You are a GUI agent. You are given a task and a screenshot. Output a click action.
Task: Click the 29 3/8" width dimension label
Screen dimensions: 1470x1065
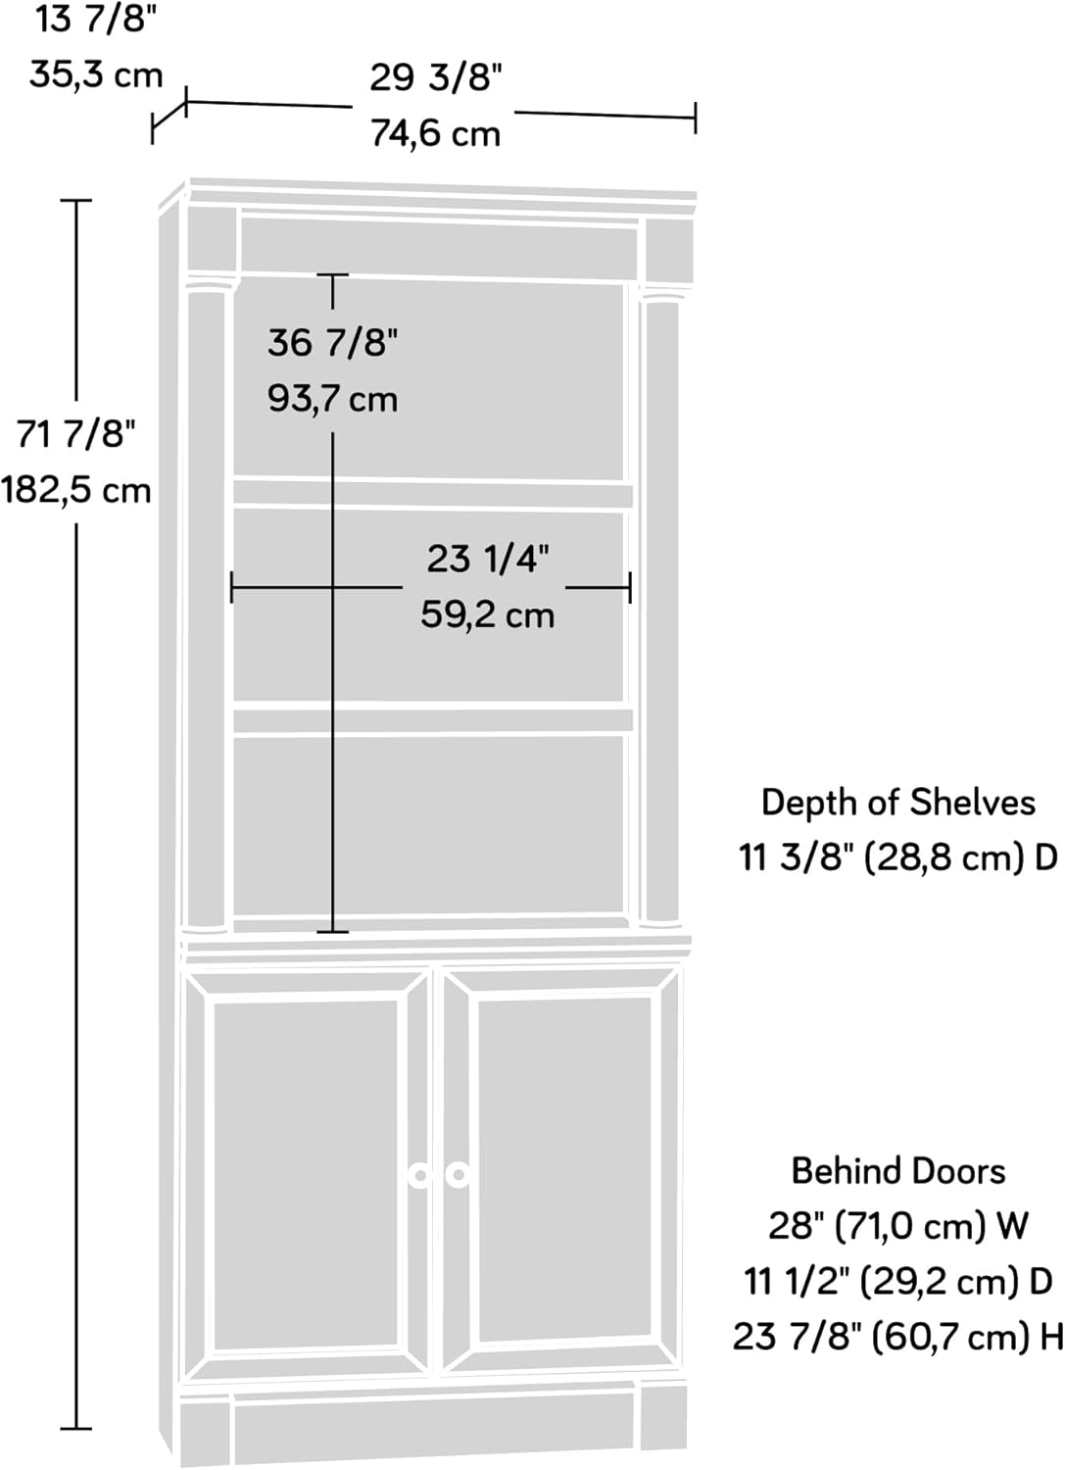coord(435,77)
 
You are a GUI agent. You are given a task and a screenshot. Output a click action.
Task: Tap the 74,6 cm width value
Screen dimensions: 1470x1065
coord(435,133)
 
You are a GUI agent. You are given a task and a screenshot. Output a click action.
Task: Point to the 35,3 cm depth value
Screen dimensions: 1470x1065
coord(95,73)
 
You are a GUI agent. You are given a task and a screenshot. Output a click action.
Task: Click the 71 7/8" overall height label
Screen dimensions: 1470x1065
coord(75,433)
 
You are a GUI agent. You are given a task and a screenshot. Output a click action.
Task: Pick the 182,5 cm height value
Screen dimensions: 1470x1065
coord(75,489)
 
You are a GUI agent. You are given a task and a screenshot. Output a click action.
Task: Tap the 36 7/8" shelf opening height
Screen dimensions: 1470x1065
coord(332,342)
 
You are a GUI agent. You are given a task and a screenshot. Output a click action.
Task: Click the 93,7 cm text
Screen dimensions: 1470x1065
coord(332,399)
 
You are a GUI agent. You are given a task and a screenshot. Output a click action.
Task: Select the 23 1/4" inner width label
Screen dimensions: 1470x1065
coord(487,559)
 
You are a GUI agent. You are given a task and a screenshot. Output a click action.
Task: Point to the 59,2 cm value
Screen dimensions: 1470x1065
coord(487,615)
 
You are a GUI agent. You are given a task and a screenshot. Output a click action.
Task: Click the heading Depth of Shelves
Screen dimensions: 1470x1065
coord(897,803)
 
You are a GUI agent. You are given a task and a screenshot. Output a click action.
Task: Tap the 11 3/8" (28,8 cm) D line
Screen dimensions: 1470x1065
coord(897,857)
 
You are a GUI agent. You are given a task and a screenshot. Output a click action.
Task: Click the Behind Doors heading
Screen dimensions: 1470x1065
coord(897,1171)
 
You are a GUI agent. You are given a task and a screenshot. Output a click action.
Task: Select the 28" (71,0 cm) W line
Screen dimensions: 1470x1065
coord(897,1226)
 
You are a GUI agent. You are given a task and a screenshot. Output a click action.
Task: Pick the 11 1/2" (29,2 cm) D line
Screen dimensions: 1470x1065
coord(897,1281)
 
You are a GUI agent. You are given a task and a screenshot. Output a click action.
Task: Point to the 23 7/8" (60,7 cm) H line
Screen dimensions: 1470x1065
coord(897,1336)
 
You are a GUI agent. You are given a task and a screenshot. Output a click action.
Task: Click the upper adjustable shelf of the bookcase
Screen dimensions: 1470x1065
coord(431,494)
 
